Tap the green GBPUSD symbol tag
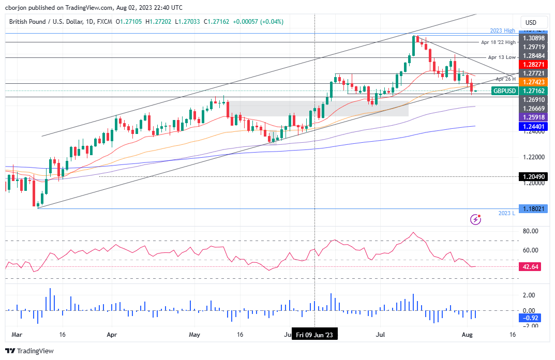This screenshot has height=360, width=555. (x=504, y=91)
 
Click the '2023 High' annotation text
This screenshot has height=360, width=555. (x=502, y=31)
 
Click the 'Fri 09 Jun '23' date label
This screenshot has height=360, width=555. (x=315, y=335)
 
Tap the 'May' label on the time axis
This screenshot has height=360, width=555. (x=194, y=335)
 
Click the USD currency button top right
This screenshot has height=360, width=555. (x=531, y=23)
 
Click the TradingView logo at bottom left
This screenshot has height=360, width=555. (x=30, y=351)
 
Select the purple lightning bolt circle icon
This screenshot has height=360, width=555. (x=475, y=220)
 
